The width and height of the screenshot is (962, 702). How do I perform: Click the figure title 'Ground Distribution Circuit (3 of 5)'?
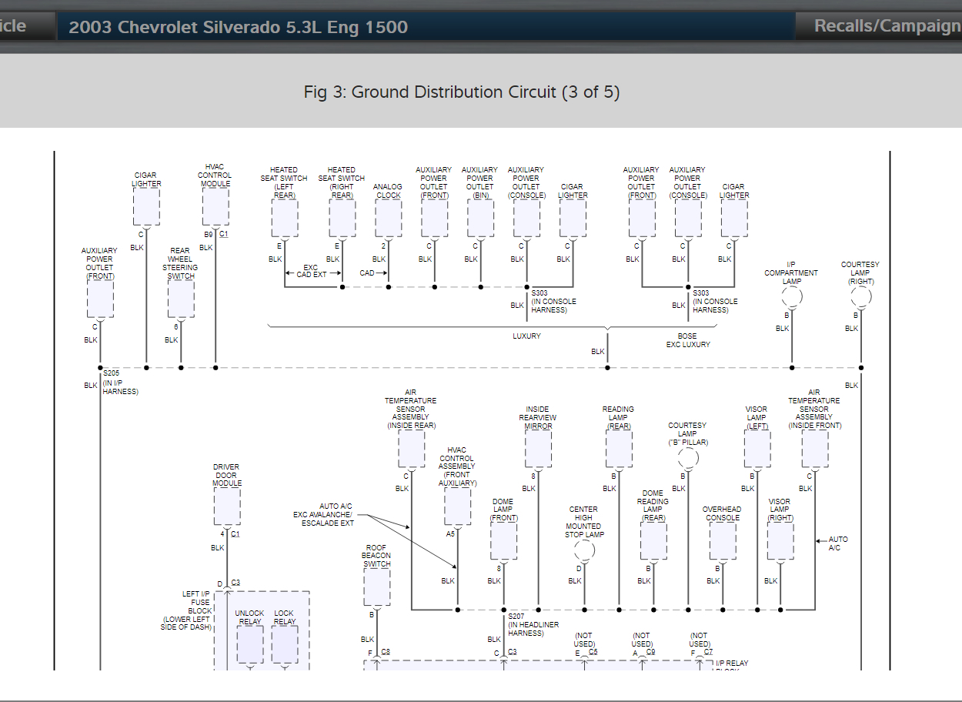pyautogui.click(x=462, y=92)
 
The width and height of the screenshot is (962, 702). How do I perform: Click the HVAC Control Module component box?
pyautogui.click(x=215, y=206)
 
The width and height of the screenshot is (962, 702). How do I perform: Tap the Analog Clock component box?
pyautogui.click(x=388, y=219)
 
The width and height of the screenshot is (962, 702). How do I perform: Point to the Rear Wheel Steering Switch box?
pyautogui.click(x=181, y=299)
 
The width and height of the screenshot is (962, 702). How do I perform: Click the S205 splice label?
pyautogui.click(x=111, y=373)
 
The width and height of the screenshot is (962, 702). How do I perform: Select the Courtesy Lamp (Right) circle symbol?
pyautogui.click(x=860, y=297)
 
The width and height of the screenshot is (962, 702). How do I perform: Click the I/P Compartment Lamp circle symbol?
pyautogui.click(x=791, y=297)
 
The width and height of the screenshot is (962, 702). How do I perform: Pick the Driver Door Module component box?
pyautogui.click(x=227, y=506)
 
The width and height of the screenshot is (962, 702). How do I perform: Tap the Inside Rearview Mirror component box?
pyautogui.click(x=538, y=449)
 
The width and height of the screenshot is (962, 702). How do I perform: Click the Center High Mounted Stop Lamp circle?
pyautogui.click(x=584, y=550)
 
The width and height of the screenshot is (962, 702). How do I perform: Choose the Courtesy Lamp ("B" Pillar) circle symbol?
pyautogui.click(x=688, y=458)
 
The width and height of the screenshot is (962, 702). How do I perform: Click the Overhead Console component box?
pyautogui.click(x=722, y=541)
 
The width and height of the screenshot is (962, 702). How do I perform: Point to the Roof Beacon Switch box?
pyautogui.click(x=376, y=587)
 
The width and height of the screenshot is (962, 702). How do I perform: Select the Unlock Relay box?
pyautogui.click(x=249, y=644)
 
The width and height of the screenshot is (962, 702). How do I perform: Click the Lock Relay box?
pyautogui.click(x=284, y=644)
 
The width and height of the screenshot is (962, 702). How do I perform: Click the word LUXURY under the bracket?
pyautogui.click(x=526, y=336)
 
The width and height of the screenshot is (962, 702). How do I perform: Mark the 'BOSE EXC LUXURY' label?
pyautogui.click(x=687, y=340)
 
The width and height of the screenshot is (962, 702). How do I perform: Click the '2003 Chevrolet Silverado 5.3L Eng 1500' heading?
pyautogui.click(x=239, y=28)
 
